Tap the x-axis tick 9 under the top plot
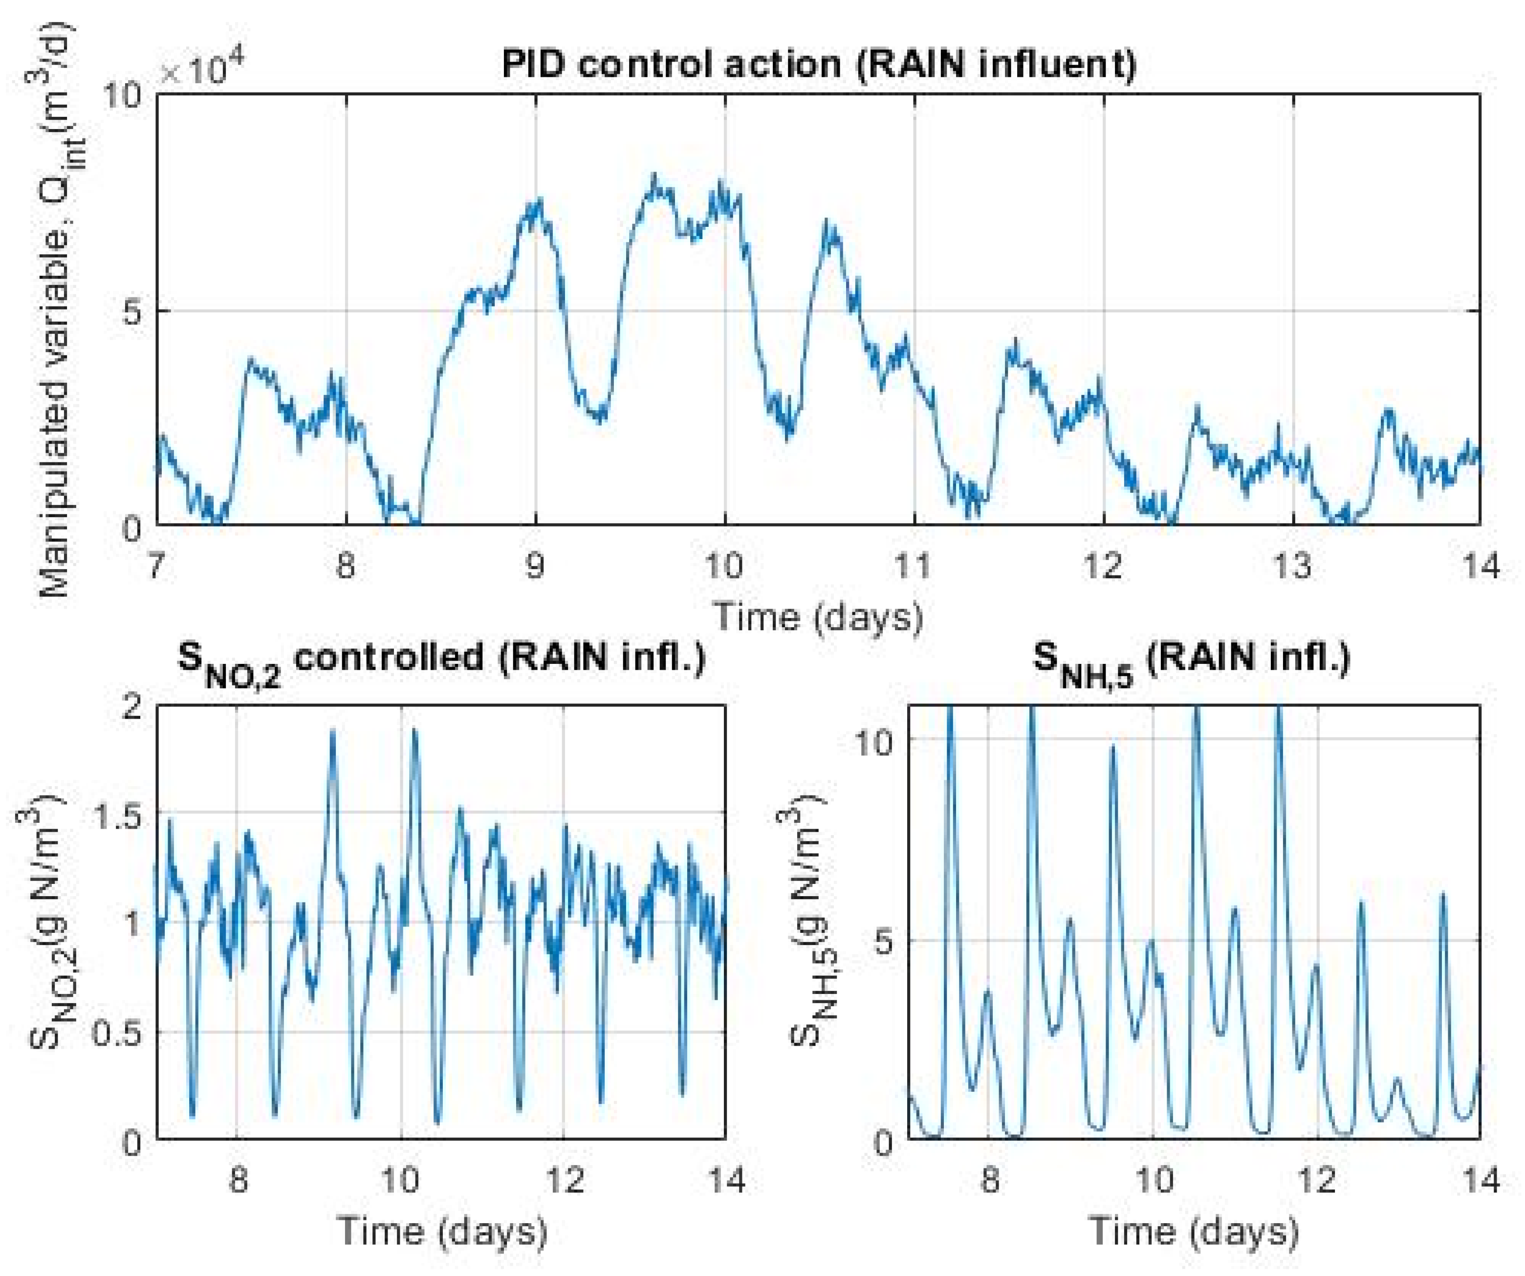coord(535,565)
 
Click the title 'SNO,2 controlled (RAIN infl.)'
coord(441,660)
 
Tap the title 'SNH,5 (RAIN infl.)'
coord(1191,660)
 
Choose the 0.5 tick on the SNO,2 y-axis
coord(120,1034)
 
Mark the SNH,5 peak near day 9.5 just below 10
coord(1112,747)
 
